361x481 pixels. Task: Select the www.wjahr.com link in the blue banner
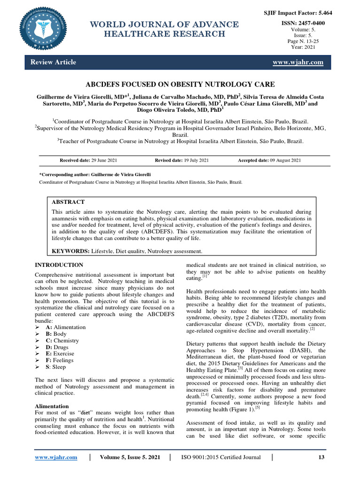[298, 62]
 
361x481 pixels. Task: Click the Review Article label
[53, 62]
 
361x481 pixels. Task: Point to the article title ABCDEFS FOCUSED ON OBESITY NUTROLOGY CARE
[180, 85]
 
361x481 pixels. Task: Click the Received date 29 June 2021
[88, 161]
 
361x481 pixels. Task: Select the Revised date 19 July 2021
[181, 161]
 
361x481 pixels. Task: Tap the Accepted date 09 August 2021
[269, 161]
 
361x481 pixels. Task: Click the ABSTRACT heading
[68, 202]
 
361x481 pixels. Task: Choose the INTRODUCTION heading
[59, 265]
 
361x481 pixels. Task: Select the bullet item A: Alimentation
[65, 327]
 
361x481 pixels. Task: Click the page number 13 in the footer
[322, 457]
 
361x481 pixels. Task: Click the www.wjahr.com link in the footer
[56, 457]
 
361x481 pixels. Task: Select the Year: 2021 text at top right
[303, 47]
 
